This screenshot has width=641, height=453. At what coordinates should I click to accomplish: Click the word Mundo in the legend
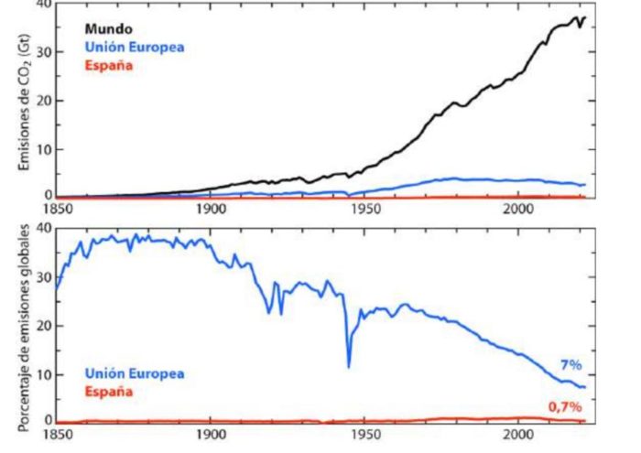[108, 27]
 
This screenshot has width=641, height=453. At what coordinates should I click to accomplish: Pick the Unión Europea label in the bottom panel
[135, 373]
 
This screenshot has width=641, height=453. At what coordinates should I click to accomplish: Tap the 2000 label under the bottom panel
[517, 437]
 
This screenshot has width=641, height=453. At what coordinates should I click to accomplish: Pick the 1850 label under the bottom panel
[57, 437]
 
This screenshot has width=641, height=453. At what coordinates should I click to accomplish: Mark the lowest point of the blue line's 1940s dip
[349, 367]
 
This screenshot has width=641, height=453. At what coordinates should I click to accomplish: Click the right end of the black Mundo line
[584, 17]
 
